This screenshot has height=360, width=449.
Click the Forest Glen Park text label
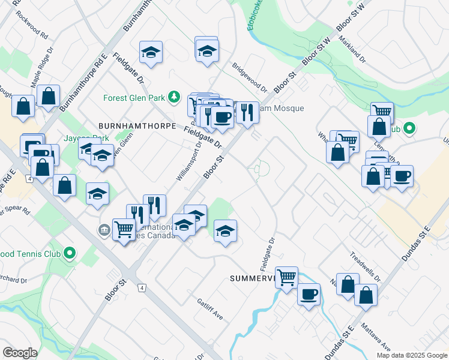point(134,97)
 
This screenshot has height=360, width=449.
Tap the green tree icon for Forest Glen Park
point(174,97)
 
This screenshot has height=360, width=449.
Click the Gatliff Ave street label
point(210,309)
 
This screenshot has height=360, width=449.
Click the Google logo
point(20,353)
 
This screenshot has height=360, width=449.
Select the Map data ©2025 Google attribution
point(411,355)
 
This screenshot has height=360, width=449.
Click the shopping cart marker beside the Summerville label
point(287,277)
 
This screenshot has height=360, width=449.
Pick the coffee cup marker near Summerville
point(309,295)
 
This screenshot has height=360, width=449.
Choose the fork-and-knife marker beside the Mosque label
point(247,112)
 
